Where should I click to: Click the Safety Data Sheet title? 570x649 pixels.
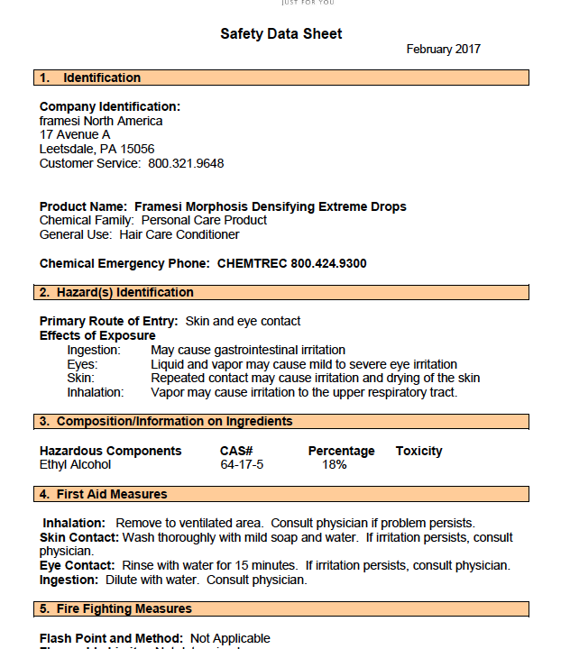(280, 34)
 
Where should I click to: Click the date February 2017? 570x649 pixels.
(443, 50)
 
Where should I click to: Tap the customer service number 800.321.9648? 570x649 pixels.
(186, 164)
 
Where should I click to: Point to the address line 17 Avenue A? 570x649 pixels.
(75, 135)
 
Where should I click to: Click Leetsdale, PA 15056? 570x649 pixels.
(97, 150)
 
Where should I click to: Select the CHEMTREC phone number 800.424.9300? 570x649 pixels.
(328, 264)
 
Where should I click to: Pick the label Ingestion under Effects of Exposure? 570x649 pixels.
(93, 350)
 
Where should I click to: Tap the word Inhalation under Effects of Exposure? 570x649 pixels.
(96, 393)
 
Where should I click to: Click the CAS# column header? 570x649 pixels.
(236, 451)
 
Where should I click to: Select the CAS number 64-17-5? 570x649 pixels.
(242, 465)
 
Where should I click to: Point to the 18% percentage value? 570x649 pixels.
(335, 465)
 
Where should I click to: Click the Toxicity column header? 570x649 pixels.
(418, 451)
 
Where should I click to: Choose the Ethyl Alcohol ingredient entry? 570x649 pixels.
(75, 465)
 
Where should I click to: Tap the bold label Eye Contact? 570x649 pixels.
(78, 566)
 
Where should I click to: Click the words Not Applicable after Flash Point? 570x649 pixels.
(230, 638)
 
